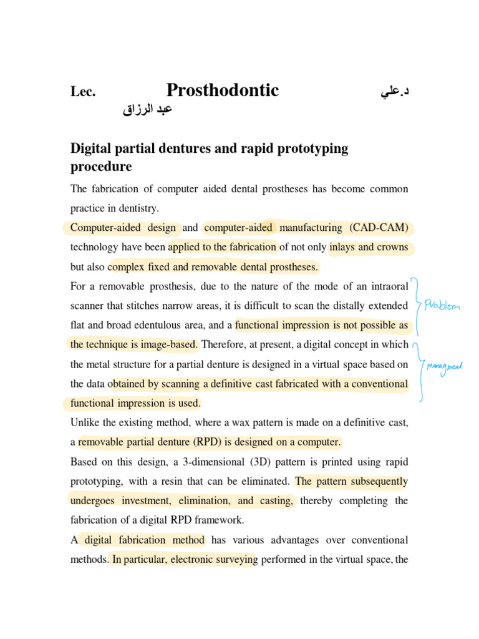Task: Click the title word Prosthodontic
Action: click(x=223, y=91)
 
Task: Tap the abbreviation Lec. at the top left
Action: click(x=82, y=92)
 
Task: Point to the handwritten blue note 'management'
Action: click(x=445, y=368)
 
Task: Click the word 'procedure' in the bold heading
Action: click(x=101, y=167)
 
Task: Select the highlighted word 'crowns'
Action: click(x=392, y=247)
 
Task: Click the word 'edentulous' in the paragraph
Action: click(x=175, y=325)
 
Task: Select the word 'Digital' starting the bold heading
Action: click(x=91, y=149)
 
